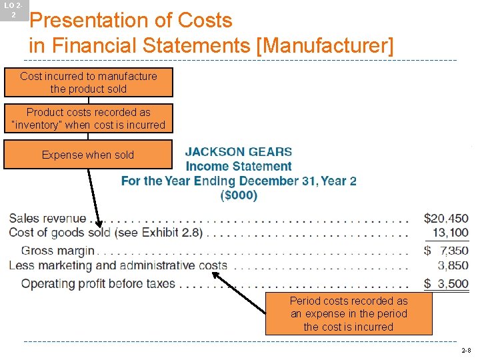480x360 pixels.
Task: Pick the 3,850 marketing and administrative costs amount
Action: point(453,265)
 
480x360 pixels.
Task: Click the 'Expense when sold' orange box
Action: point(88,155)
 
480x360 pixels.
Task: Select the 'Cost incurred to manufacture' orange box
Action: point(88,83)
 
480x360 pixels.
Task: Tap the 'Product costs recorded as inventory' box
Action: point(88,119)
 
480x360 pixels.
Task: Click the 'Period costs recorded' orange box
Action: point(349,314)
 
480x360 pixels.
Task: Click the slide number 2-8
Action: point(465,350)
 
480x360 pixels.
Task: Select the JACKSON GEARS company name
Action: point(238,152)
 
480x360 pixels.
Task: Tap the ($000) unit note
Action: point(239,195)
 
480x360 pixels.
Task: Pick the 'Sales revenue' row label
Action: point(47,219)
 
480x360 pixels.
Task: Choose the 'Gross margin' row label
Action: point(58,251)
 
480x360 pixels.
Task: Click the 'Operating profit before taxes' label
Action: point(98,283)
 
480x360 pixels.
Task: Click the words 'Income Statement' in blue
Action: point(238,167)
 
